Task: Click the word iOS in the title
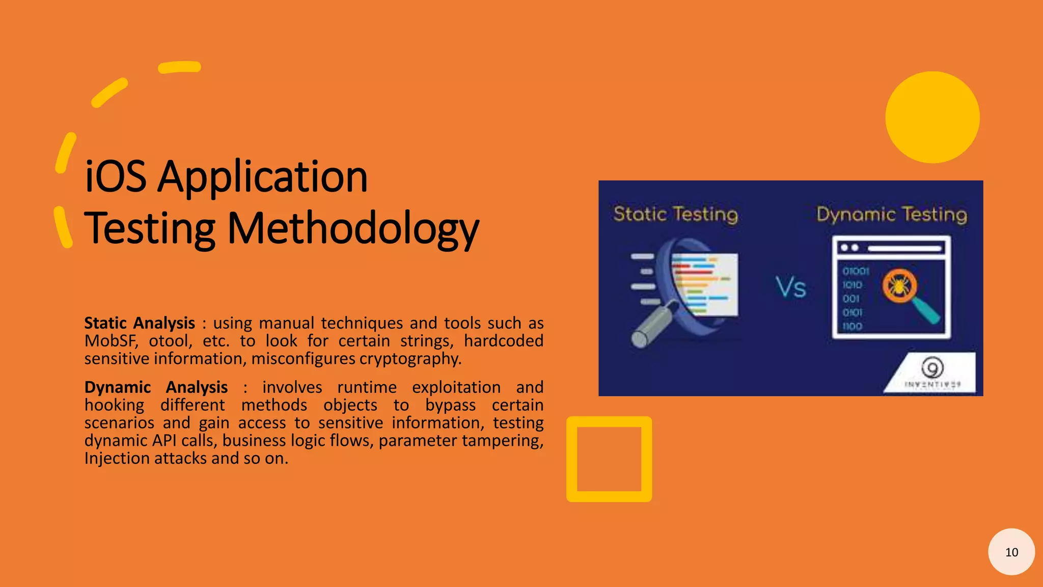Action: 116,177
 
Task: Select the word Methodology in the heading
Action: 352,229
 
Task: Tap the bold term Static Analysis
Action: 140,323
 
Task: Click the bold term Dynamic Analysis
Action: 156,387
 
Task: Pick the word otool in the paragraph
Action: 170,341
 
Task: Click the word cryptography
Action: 410,359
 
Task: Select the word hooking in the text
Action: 114,405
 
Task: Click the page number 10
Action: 1011,552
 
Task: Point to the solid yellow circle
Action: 932,117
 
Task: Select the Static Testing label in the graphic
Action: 675,214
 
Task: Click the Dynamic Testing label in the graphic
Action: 891,214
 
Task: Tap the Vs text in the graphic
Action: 790,287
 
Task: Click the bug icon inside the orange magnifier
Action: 899,285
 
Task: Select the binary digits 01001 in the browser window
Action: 856,271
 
